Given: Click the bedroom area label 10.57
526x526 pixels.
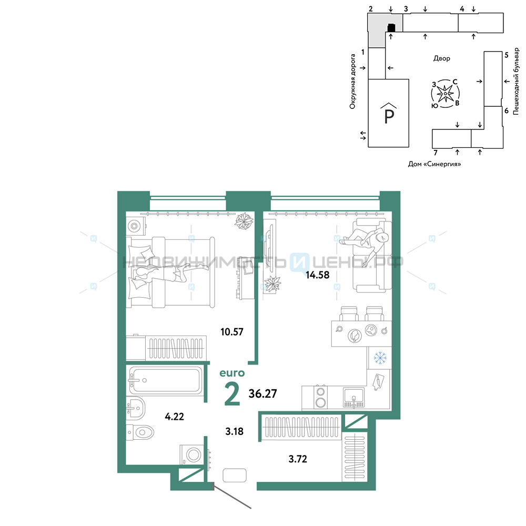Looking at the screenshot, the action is (x=232, y=332).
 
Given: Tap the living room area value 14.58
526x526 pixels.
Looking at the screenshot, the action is (x=317, y=275).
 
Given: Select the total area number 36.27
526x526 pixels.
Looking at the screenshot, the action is (x=262, y=393).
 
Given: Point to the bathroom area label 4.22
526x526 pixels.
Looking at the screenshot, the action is (x=175, y=417).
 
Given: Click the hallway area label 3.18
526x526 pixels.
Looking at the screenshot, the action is (x=235, y=431).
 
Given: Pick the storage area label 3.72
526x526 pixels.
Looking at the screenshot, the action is (x=298, y=459).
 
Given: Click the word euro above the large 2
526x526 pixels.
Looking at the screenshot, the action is (x=232, y=373).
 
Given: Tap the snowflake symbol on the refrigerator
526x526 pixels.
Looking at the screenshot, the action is (x=380, y=358).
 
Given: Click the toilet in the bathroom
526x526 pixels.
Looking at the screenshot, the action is (x=140, y=432).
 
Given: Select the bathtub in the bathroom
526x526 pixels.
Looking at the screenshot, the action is (x=165, y=380).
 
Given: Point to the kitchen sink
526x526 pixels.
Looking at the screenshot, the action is (x=353, y=398).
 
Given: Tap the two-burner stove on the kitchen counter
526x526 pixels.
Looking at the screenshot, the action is (x=321, y=397).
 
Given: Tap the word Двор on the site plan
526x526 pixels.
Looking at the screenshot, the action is (x=441, y=58).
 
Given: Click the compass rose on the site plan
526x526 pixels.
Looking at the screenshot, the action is (x=445, y=94).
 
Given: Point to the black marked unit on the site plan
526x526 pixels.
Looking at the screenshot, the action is (x=391, y=27).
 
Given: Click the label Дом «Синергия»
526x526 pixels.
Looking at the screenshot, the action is (x=434, y=164).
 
